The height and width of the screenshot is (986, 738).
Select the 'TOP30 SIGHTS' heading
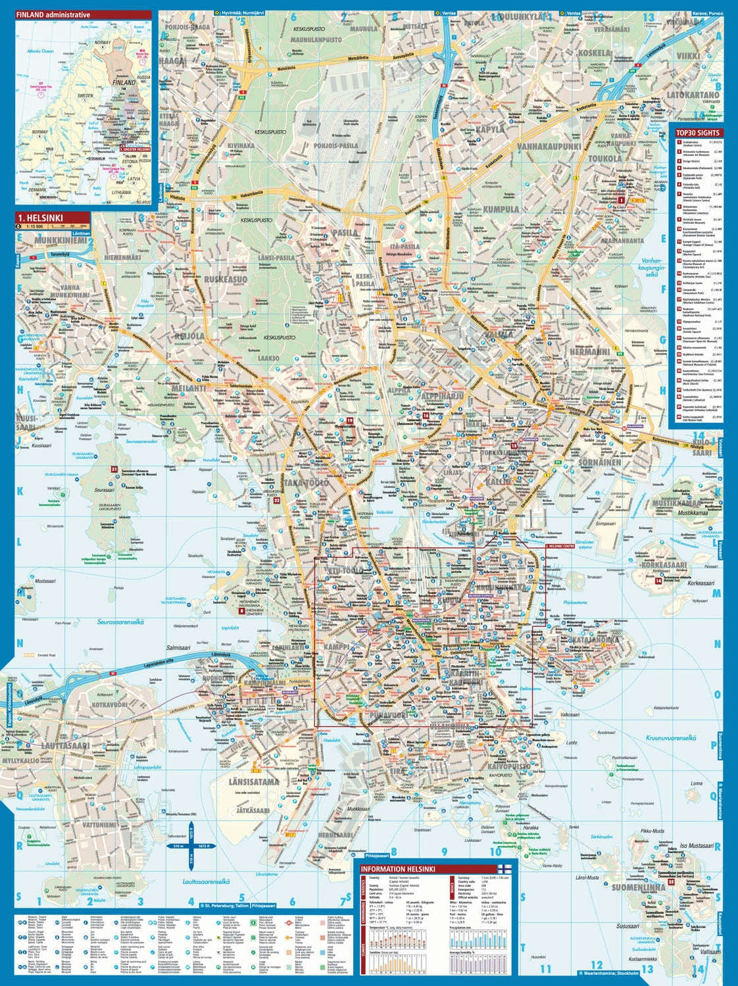[697, 132]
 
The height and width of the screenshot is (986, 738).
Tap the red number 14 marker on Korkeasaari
[658, 581]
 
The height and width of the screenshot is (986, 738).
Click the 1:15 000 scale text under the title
[32, 226]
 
